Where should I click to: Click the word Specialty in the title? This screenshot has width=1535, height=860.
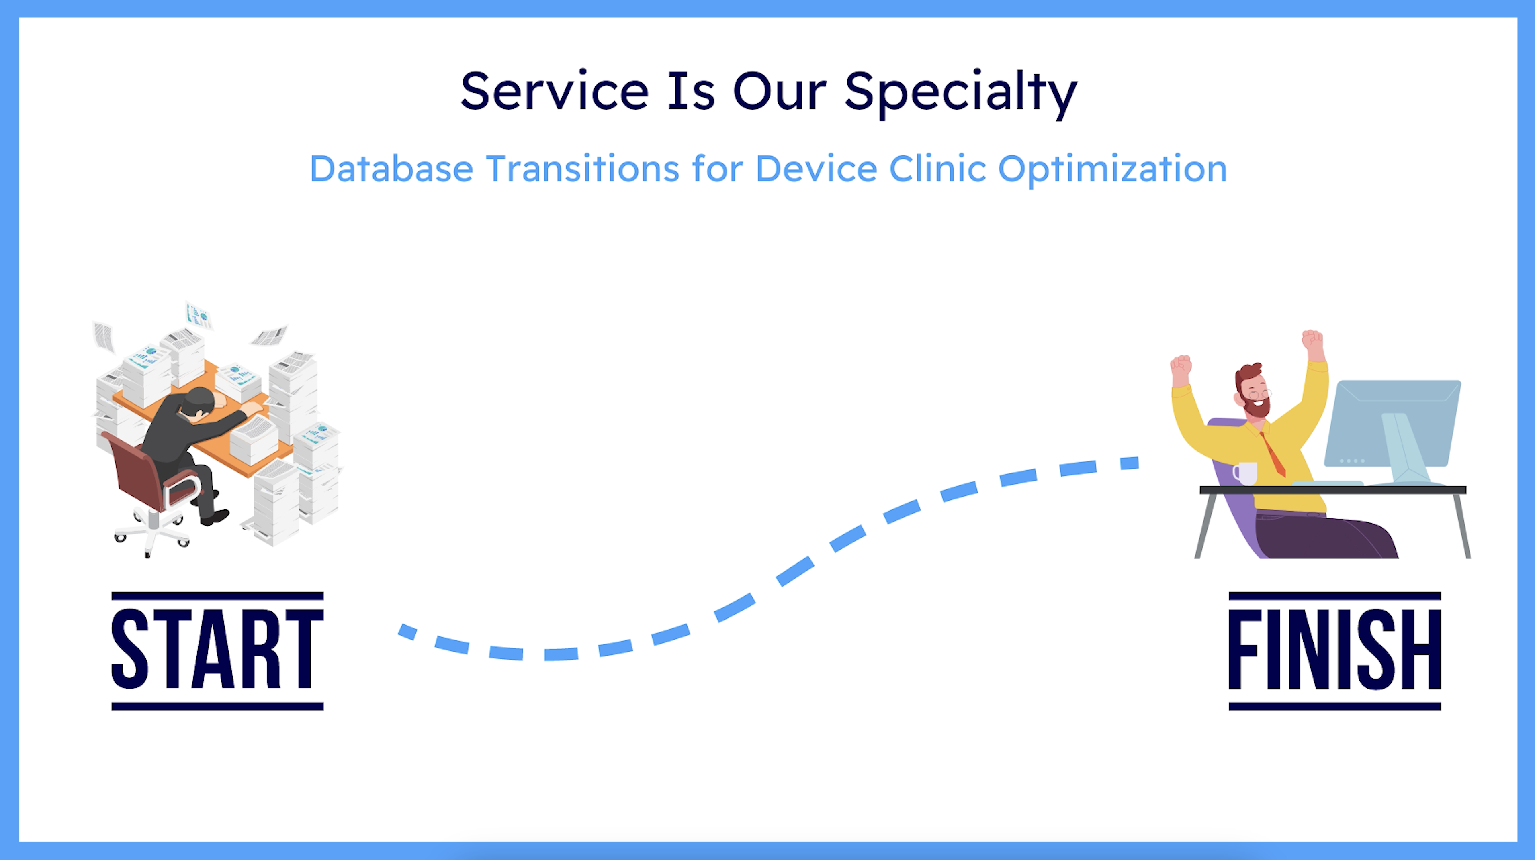point(960,92)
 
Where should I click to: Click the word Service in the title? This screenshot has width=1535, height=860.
point(554,92)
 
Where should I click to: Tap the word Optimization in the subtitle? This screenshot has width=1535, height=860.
point(1112,170)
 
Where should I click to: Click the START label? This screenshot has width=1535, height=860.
point(217,650)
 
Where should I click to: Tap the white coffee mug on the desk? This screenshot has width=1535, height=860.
point(1245,473)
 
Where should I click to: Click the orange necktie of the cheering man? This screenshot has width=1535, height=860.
point(1274,456)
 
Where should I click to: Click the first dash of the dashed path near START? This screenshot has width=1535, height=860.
point(407,631)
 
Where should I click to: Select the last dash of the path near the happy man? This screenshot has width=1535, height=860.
point(1129,463)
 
